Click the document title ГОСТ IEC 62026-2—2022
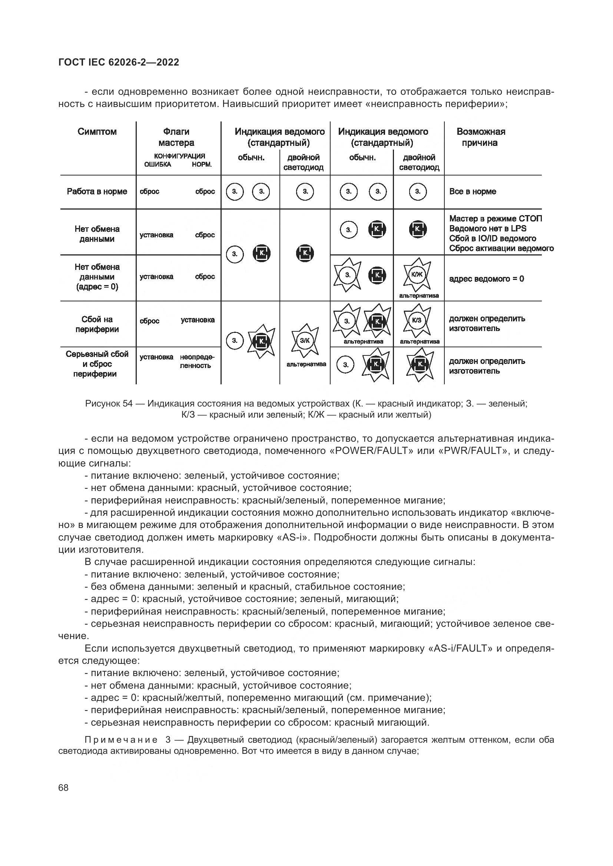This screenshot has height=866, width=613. [x=119, y=62]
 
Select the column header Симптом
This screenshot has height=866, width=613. [x=97, y=132]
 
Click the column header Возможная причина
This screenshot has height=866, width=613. [x=481, y=137]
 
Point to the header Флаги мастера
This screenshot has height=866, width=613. [x=176, y=137]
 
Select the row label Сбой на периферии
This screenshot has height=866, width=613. [x=97, y=324]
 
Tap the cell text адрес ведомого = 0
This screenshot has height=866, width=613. [x=486, y=279]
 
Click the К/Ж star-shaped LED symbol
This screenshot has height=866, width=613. [x=417, y=275]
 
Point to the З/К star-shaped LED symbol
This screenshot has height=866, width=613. [x=305, y=341]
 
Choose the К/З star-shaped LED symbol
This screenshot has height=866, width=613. [x=417, y=320]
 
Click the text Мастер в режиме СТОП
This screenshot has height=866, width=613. [x=495, y=218]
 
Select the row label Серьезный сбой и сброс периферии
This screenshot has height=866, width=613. [x=97, y=364]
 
